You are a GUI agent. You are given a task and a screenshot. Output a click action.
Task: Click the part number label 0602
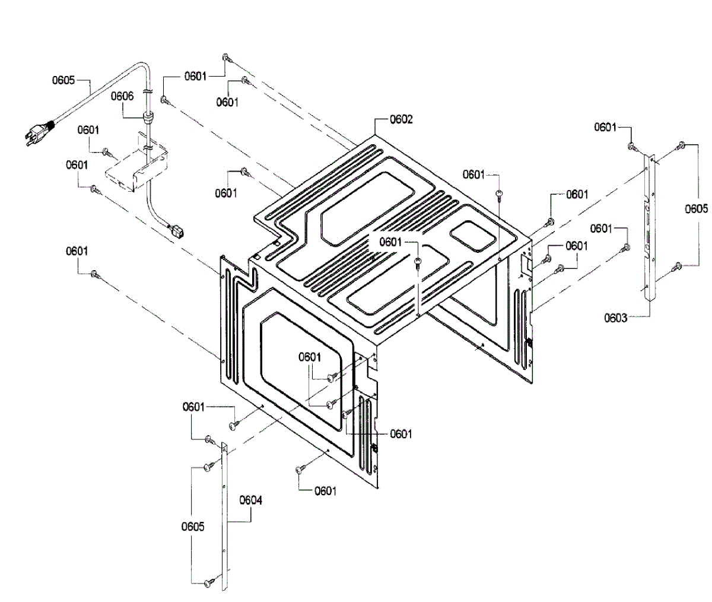coord(401,119)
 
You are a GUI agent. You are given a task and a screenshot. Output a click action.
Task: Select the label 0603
coord(616,318)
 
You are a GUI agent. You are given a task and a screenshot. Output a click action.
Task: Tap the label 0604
coord(251,500)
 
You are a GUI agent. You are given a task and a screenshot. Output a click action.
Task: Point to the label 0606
coord(122,96)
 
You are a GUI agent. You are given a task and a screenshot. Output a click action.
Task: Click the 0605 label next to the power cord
coord(63,80)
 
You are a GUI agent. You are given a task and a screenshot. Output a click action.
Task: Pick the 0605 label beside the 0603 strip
coord(697,208)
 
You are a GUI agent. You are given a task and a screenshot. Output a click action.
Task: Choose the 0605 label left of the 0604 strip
coord(193,527)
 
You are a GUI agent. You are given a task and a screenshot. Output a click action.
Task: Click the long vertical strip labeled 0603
coord(651,226)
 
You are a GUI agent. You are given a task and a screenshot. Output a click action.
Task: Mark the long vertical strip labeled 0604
coord(225,517)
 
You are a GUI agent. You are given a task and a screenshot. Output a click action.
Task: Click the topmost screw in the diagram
coord(226,57)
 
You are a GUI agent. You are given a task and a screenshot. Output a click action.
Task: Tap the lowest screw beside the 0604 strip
coord(208,583)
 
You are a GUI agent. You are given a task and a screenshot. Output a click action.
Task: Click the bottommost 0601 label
coord(325,490)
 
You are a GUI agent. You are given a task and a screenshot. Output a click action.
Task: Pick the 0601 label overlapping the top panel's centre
coord(390,242)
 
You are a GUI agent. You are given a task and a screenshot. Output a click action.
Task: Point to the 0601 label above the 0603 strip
coord(605,127)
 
